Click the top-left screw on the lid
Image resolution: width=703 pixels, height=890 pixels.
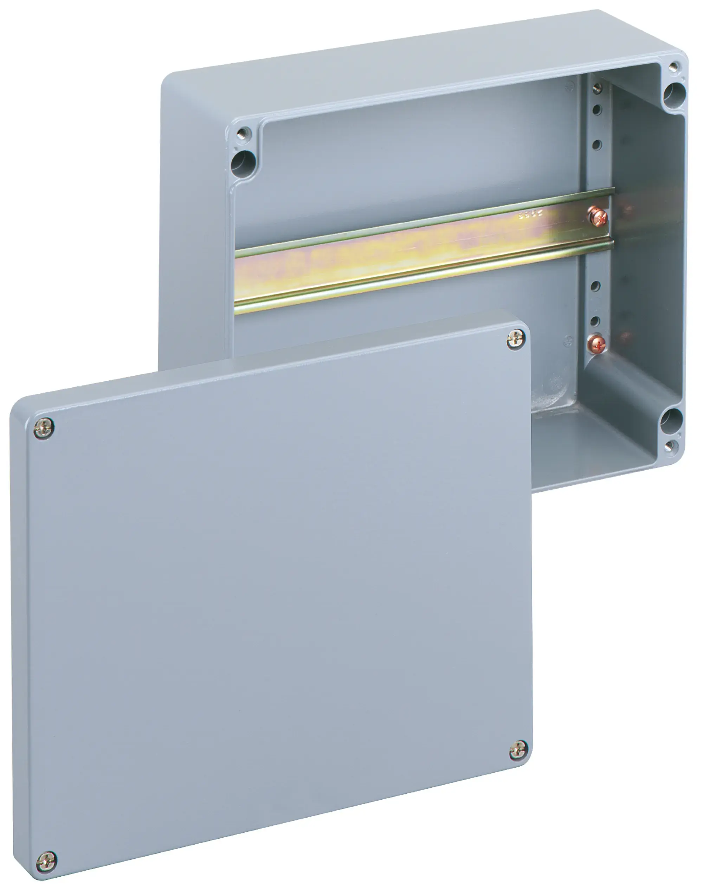44,428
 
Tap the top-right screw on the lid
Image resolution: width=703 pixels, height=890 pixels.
516,340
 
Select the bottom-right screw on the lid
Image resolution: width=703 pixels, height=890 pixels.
518,750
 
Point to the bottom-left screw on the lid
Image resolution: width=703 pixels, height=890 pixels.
46,862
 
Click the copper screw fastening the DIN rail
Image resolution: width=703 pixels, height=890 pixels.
597,217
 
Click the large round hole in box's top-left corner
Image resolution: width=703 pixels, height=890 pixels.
243,164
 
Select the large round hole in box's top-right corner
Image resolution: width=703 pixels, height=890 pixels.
674,94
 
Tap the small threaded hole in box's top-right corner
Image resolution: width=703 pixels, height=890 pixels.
673,66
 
